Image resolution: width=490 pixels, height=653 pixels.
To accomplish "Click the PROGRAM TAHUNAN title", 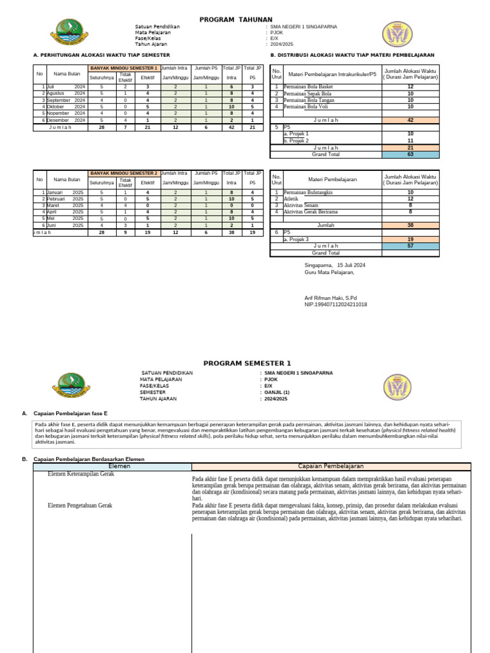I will (x=235, y=20).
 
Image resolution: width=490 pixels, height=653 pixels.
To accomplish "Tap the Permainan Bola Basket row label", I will (x=308, y=87).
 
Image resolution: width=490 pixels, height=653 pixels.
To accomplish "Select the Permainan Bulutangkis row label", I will (x=308, y=192).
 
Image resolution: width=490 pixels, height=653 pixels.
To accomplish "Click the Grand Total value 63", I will (x=410, y=154).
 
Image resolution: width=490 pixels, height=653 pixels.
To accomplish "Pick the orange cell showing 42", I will (x=410, y=120).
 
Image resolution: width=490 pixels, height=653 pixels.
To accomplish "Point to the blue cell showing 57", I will (x=410, y=246).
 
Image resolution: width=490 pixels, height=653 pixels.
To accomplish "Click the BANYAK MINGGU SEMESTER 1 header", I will (x=123, y=68).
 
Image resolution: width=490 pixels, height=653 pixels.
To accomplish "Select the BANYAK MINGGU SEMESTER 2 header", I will (x=123, y=173).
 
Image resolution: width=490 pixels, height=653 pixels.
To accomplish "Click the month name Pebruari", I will (x=58, y=198).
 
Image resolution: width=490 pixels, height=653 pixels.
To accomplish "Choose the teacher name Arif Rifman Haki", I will (x=330, y=298).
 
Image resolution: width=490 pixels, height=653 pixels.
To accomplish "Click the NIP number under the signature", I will (x=336, y=305).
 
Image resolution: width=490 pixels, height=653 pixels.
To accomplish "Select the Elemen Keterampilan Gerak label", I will (x=81, y=474).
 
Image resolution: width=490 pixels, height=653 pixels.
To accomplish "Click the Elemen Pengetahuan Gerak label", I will (x=80, y=505).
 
